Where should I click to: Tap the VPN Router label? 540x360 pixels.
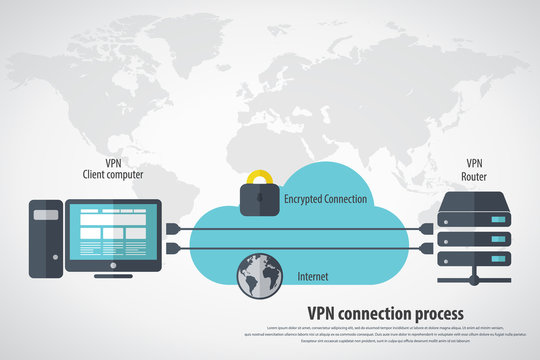pyautogui.click(x=474, y=169)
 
